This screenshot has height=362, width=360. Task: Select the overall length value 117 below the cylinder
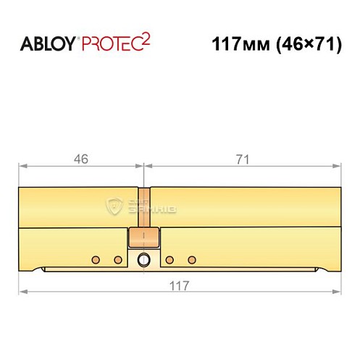178,285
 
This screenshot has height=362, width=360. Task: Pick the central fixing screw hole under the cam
144,260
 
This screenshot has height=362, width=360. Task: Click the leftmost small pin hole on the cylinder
95,259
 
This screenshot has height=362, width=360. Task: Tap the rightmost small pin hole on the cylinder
192,259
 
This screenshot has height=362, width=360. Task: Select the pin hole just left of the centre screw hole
118,259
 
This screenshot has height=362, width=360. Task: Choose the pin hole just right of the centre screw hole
169,259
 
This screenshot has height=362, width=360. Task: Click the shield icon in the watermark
114,206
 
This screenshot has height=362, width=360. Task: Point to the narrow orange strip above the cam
143,207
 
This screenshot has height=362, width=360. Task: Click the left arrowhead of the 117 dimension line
21,292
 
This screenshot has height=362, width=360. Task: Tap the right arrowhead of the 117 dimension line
338,292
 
